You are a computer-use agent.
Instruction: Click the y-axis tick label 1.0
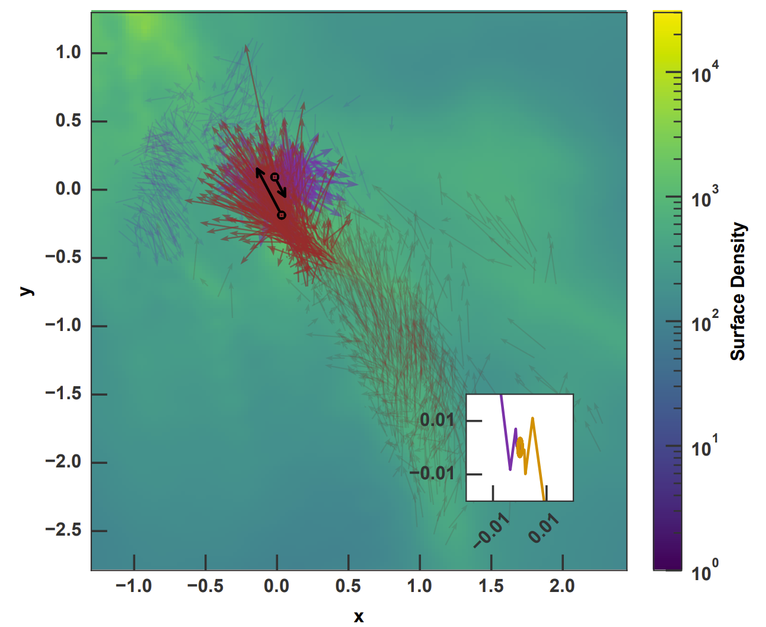click(68, 53)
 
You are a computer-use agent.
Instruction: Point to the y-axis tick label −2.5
click(63, 530)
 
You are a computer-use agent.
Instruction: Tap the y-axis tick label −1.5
click(63, 394)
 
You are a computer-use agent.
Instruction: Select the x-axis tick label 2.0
click(562, 586)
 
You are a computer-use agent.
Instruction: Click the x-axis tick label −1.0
click(133, 586)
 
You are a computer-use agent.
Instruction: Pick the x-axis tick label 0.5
click(348, 586)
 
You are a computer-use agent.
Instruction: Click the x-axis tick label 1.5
click(491, 586)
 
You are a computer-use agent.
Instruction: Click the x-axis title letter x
click(358, 617)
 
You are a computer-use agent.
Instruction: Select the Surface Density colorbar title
click(738, 291)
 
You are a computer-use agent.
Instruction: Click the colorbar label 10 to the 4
click(705, 73)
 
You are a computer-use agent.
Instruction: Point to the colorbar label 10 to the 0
click(705, 571)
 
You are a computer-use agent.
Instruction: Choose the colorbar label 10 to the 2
click(705, 322)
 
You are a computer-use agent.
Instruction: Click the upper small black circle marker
click(275, 177)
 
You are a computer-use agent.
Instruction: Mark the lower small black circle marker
click(282, 215)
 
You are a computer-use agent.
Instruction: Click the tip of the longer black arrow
click(257, 169)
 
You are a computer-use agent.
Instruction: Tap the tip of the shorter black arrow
click(286, 196)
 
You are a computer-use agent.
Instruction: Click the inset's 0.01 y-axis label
click(437, 420)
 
